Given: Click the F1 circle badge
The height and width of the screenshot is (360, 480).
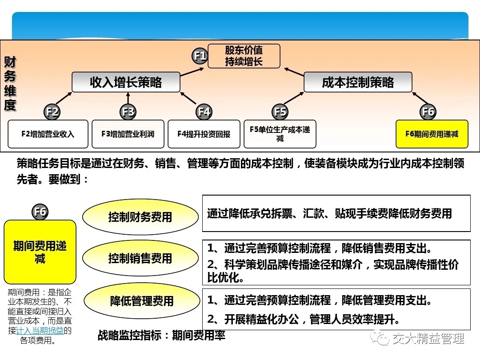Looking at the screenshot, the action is pos(200,56).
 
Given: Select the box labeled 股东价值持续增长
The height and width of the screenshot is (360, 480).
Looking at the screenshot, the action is pos(244,56).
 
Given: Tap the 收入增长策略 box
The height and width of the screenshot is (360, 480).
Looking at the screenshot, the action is pos(126,82).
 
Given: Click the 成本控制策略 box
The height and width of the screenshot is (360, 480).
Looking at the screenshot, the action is pos(358,82).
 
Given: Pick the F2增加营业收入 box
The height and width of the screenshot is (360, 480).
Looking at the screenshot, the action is pos(48,134).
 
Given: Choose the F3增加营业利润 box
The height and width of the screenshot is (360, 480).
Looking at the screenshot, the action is pos(128,134).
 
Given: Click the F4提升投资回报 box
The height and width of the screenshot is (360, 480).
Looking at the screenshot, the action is pos(204,134).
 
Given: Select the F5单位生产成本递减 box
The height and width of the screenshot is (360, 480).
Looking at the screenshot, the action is pos(280,134).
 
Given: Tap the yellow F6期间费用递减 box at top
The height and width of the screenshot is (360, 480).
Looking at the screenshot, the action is pos(432,134).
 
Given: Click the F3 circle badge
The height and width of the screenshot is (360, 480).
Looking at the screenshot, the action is pos(128,112).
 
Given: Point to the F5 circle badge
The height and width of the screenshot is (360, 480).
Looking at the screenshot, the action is pos(280,112).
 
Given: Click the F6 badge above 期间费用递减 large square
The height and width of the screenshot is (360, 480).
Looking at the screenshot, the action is pos(40,212).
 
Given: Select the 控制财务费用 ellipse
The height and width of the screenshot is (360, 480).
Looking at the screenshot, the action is pos(140,217).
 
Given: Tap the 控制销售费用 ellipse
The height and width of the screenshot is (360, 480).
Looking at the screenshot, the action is pos(140,258).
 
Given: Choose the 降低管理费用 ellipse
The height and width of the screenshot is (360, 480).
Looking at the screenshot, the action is pos(142,300).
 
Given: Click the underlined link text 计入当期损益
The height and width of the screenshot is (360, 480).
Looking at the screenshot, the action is pos(40,331).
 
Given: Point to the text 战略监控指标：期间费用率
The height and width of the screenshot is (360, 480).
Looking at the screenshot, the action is pos(161,336).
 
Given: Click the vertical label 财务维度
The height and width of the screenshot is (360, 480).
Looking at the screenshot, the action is pos(10,83).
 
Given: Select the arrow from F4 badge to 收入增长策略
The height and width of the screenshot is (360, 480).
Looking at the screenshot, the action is pos(188,98).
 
